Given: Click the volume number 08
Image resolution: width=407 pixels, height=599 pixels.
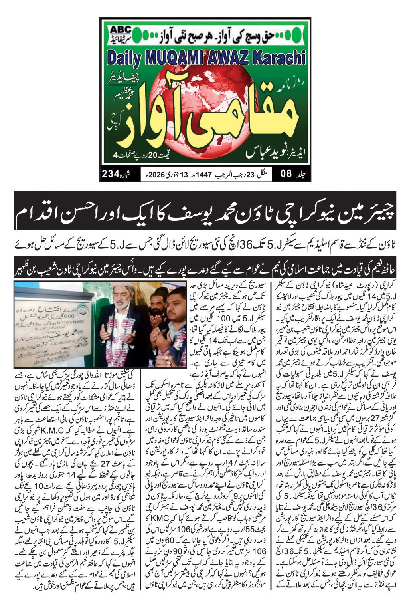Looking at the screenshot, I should pyautogui.click(x=286, y=174).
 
